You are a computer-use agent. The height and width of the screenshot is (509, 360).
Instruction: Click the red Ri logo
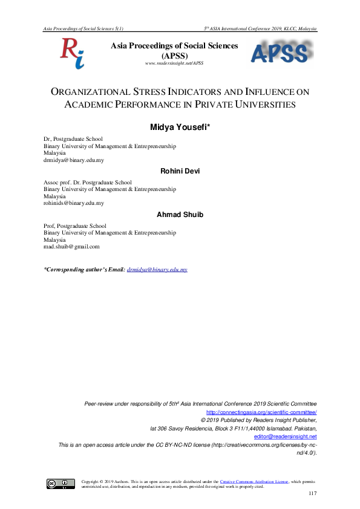[x=71, y=53]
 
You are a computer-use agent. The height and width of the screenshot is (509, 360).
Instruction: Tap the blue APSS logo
[x=280, y=53]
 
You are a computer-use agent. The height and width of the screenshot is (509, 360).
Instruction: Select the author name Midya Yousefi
[x=180, y=127]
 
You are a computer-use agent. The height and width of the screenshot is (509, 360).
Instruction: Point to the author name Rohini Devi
[x=180, y=171]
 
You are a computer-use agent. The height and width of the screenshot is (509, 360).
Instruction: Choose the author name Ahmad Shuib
[x=180, y=215]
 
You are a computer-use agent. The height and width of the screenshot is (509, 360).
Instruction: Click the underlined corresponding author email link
[x=157, y=269]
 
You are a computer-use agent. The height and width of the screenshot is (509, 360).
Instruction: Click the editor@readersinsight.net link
[x=285, y=436]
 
